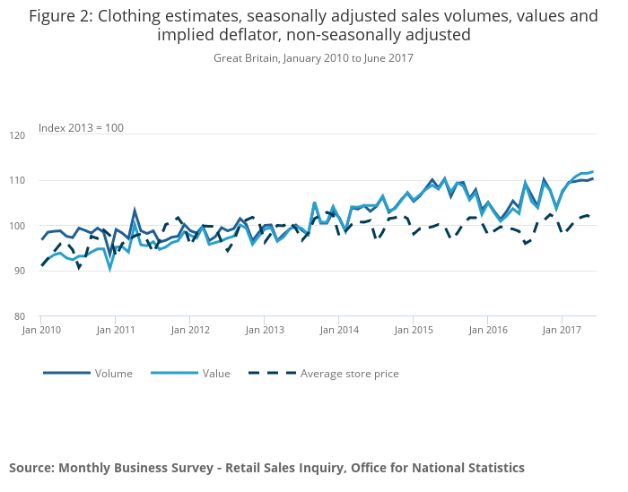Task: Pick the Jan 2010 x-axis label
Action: tap(41, 331)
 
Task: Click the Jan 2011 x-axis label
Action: tap(116, 331)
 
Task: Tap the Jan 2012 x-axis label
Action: tap(190, 331)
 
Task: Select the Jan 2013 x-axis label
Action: tap(265, 331)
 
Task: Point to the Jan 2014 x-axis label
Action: tap(338, 331)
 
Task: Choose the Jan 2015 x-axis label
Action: tap(413, 331)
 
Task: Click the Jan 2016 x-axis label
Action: tap(487, 331)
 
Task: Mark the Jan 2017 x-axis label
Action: tap(562, 331)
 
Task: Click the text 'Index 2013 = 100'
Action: tap(81, 128)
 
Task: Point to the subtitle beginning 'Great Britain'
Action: tap(313, 58)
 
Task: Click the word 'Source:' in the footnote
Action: tap(31, 468)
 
